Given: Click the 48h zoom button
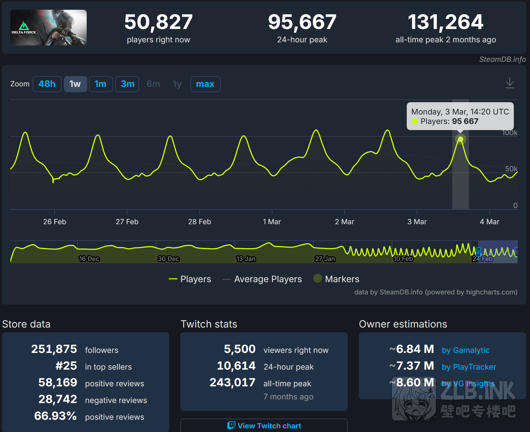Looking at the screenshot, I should point(47,84).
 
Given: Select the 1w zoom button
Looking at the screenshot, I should point(75,84).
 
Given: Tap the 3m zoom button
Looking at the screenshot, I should point(127,84).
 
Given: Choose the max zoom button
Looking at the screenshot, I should point(205,84).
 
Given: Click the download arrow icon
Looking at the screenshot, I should point(510,83).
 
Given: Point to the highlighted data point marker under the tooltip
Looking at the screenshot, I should point(461,139).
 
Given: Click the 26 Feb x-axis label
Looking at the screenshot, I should point(55,222).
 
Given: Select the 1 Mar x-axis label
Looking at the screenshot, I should point(272,222).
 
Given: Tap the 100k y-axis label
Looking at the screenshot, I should point(509,133).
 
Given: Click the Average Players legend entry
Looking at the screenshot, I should point(268,279).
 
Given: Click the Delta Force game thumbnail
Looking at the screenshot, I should point(49,28).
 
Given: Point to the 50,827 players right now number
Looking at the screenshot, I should point(158,22).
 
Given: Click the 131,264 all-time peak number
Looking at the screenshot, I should point(446,22).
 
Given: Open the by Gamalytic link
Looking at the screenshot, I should point(466,350).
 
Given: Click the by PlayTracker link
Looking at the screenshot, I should point(469,367).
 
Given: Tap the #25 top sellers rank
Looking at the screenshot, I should point(66,366).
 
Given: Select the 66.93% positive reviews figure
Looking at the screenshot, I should point(55,416).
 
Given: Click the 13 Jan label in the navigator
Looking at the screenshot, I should point(246,259).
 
